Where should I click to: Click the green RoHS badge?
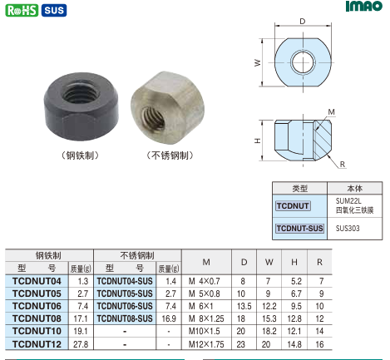(22, 10)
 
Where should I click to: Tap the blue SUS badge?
(54, 10)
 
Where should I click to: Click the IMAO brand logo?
(364, 6)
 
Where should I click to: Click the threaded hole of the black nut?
(81, 93)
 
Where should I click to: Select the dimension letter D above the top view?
(303, 22)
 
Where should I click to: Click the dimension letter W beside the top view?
(258, 63)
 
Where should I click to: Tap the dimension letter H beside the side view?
(258, 141)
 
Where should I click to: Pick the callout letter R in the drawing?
(343, 165)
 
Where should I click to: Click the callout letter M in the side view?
(332, 112)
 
